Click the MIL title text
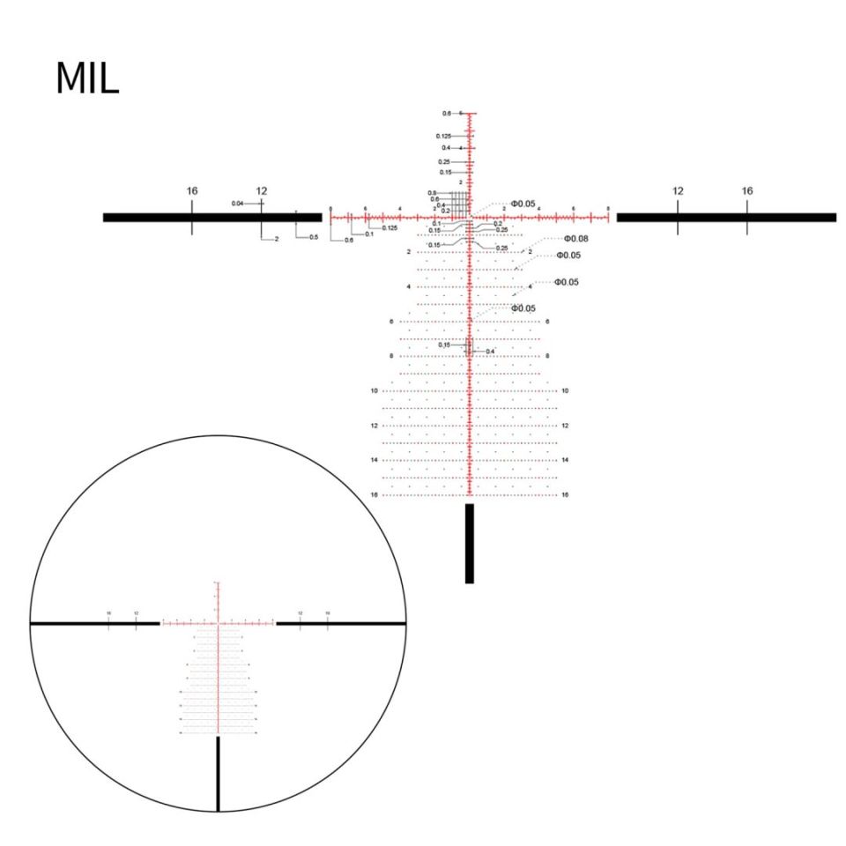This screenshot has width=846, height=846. click(x=86, y=79)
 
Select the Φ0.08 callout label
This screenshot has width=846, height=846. click(x=575, y=239)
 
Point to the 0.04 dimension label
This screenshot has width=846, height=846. click(x=238, y=204)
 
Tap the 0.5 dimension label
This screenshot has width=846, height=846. click(x=314, y=238)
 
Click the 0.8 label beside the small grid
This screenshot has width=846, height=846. click(x=433, y=192)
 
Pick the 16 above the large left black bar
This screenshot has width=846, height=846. click(x=192, y=190)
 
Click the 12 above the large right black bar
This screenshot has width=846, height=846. click(x=678, y=190)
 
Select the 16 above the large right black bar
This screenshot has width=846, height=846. click(x=747, y=190)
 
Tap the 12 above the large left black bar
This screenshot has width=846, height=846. click(x=262, y=190)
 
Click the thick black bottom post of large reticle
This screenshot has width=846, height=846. click(x=470, y=543)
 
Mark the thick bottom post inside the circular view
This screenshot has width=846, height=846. click(x=218, y=775)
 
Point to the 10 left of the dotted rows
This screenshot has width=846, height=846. click(x=374, y=390)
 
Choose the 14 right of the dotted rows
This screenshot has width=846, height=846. click(x=565, y=460)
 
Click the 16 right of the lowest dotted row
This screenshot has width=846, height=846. click(x=565, y=495)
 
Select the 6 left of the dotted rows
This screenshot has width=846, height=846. click(x=391, y=322)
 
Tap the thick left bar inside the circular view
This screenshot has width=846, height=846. click(x=95, y=623)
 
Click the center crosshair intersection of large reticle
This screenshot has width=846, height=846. click(x=470, y=217)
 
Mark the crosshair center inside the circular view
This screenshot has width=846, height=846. click(x=217, y=623)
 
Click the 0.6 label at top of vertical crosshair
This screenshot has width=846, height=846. click(x=447, y=114)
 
